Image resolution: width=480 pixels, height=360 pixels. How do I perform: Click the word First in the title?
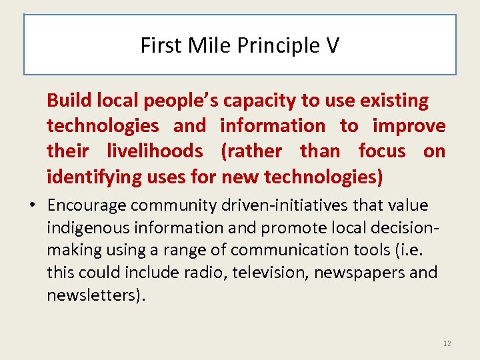tap(158, 45)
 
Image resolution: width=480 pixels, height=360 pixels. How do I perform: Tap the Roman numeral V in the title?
tap(332, 45)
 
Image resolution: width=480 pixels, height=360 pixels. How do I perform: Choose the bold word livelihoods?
tap(155, 151)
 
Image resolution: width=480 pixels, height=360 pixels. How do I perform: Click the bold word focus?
tap(382, 151)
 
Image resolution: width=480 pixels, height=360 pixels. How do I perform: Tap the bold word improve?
tap(409, 127)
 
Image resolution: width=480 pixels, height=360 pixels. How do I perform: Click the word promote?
tap(289, 228)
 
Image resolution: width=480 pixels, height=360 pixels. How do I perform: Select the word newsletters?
tap(90, 295)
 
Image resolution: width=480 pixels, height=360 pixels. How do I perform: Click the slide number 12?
tap(447, 343)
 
